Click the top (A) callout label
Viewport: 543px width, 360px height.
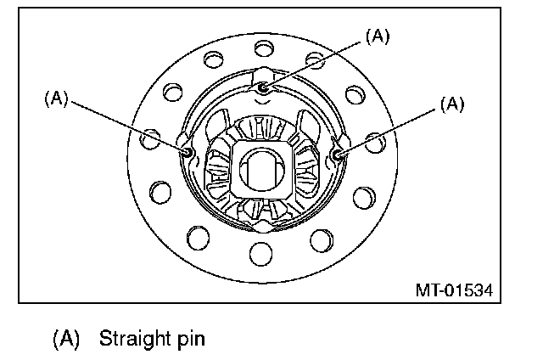point(377,36)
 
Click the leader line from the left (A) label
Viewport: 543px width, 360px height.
point(127,124)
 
